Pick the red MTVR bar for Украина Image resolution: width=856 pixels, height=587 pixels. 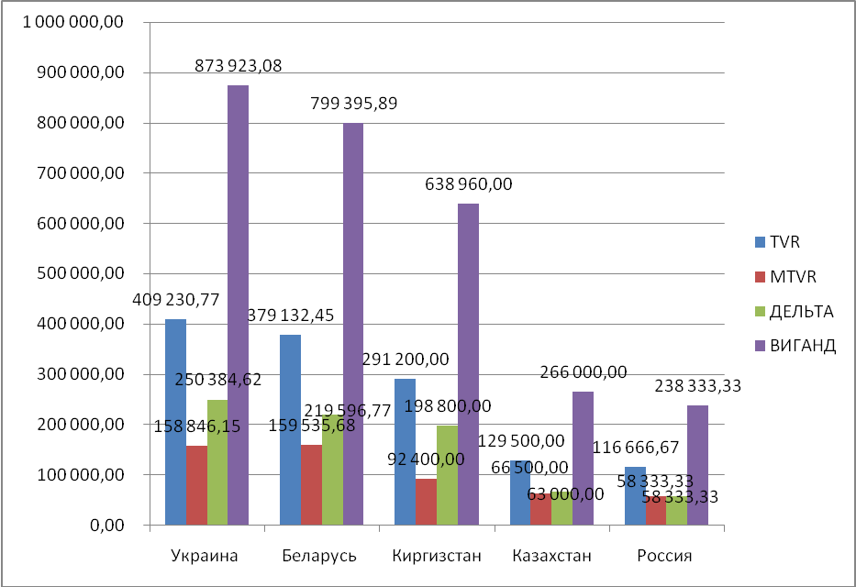pyautogui.click(x=196, y=485)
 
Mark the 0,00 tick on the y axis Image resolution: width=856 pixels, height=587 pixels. pyautogui.click(x=109, y=525)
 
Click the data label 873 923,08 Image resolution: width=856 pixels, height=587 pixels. pyautogui.click(x=238, y=65)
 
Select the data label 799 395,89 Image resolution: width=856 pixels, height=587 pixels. pyautogui.click(x=352, y=102)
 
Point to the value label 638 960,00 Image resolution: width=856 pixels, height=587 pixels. pyautogui.click(x=468, y=184)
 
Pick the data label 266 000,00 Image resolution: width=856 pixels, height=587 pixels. pyautogui.click(x=584, y=371)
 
